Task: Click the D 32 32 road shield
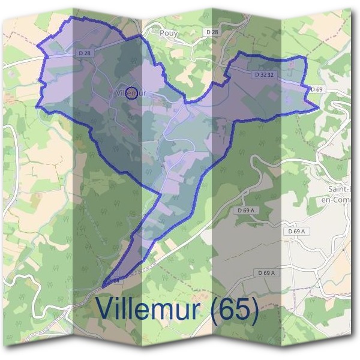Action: (x=264, y=75)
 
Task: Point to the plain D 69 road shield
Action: (x=316, y=89)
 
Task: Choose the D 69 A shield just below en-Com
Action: (x=296, y=231)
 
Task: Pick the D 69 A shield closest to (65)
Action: (x=266, y=273)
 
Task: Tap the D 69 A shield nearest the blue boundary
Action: (x=246, y=211)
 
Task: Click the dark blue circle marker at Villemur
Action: (x=134, y=92)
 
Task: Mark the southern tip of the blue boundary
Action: (x=103, y=287)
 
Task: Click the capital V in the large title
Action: (x=104, y=310)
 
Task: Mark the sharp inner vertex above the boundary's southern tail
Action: (x=160, y=194)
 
